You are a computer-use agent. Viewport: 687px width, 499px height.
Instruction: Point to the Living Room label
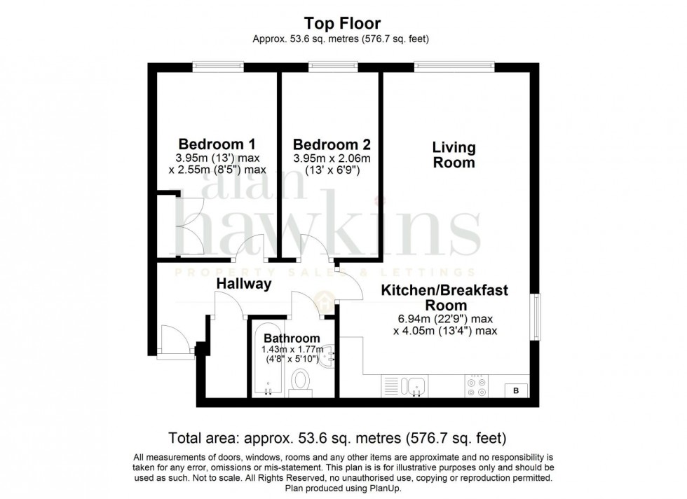[x=454, y=155]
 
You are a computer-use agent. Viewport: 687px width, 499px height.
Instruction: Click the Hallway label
[x=243, y=284]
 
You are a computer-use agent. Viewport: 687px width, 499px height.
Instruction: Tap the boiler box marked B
[x=517, y=390]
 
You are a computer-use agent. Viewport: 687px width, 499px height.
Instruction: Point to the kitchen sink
[x=416, y=386]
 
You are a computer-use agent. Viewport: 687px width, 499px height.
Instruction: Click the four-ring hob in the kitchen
[x=477, y=387]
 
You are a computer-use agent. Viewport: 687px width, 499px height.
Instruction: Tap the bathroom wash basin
[x=327, y=358]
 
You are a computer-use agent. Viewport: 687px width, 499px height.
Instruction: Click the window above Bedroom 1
[x=219, y=67]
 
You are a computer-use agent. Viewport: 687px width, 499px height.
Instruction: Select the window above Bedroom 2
[x=331, y=67]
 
